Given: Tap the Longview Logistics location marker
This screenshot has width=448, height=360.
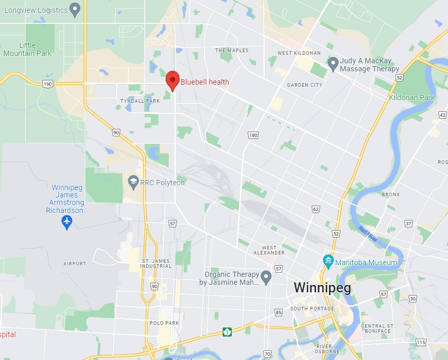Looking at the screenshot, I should [75, 9].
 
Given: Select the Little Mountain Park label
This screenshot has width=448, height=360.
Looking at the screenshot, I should [27, 50].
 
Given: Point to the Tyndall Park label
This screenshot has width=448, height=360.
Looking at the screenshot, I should [140, 101].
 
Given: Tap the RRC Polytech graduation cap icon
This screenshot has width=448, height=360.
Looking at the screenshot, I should [133, 183].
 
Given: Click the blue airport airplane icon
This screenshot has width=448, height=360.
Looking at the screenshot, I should [67, 222].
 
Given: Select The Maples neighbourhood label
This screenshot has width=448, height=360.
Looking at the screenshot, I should [232, 51].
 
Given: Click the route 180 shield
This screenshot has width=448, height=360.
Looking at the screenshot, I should [253, 135].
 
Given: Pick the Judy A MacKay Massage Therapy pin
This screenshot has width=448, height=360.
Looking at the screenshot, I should [333, 64].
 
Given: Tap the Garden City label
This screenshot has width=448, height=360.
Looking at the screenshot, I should [305, 85].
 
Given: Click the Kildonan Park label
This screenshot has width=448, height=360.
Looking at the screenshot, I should [412, 97].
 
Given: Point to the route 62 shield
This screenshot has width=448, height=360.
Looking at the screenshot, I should [316, 209].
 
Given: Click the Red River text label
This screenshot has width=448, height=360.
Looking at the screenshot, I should [368, 235].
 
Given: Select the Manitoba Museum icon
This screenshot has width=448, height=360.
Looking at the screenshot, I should [328, 262].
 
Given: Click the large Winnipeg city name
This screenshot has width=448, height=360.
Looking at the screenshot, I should [322, 288].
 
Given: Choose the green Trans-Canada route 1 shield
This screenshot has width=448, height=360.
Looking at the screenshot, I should [227, 332].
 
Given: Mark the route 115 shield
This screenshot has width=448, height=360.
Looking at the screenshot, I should [421, 342].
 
